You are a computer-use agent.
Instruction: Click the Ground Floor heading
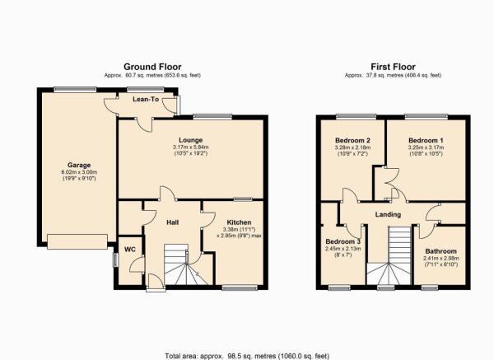152,67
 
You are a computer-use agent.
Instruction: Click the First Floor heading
393,67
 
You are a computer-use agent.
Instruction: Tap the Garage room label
79,165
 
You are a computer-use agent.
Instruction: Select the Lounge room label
191,140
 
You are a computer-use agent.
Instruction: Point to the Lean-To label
146,100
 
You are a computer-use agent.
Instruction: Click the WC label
130,250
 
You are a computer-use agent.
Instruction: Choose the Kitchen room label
239,222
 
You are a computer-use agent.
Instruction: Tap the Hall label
173,222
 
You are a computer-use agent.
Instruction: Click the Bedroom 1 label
426,140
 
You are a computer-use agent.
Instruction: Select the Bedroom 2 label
352,140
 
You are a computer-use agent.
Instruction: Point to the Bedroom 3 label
343,242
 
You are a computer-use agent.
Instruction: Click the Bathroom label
440,251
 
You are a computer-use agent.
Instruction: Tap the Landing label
388,214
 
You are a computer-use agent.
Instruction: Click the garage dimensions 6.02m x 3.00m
79,172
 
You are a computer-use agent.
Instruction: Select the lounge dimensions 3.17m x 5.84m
191,147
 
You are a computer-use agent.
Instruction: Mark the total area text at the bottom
247,356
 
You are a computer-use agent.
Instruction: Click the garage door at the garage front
77,241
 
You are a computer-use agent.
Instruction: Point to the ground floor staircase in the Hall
186,264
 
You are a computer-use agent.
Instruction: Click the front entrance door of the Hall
156,283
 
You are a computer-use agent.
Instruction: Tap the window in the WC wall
115,260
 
